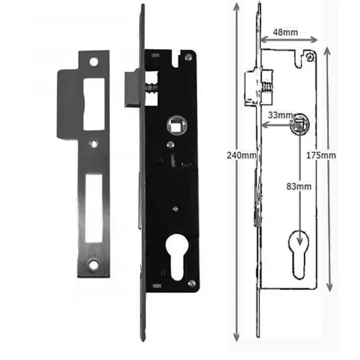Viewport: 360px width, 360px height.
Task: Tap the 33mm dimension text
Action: pos(279,115)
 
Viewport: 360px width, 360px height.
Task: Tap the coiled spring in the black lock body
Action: pos(150,87)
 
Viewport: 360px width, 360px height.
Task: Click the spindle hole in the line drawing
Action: pos(299,124)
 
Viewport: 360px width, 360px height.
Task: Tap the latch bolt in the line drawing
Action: pos(251,87)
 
